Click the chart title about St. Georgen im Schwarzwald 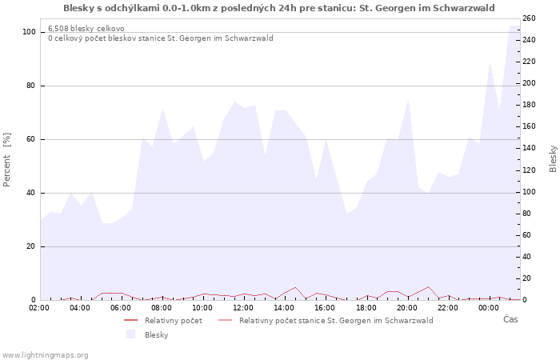[278, 8]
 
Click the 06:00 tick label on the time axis [121, 307]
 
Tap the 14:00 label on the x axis [284, 307]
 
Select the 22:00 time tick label [447, 307]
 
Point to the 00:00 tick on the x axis [488, 307]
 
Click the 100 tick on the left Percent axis [29, 32]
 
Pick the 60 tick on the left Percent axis [31, 139]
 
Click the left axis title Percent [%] [7, 160]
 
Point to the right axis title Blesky [553, 158]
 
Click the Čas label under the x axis [510, 320]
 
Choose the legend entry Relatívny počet [173, 321]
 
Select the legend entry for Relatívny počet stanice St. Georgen [335, 321]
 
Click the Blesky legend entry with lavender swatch [156, 335]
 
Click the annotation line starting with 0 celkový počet [160, 38]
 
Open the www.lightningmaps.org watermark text [45, 354]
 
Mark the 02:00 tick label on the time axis [39, 307]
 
